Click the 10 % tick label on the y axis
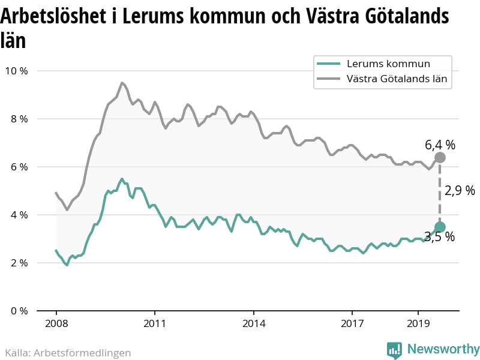point(16,71)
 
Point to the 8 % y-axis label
point(19,119)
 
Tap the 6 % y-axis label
point(19,167)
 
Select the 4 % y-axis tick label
point(19,215)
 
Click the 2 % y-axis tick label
point(19,263)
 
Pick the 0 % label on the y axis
point(19,311)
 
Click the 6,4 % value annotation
point(440,145)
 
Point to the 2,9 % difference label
point(460,191)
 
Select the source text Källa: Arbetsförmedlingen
point(68,353)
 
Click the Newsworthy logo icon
point(394,350)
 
